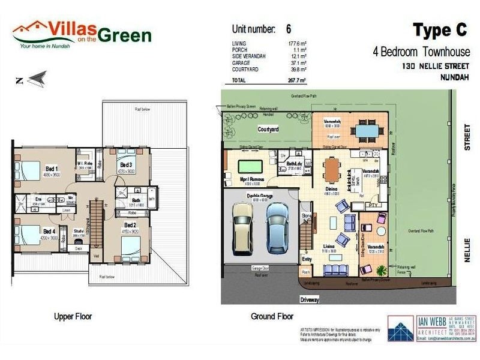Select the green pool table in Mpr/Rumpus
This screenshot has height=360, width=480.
(250, 166)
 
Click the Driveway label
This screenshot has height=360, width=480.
(310, 299)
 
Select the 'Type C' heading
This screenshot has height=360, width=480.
(442, 31)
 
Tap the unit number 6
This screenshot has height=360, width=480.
(289, 29)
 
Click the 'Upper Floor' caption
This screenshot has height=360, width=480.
(71, 316)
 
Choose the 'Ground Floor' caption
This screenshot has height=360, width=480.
(272, 316)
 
